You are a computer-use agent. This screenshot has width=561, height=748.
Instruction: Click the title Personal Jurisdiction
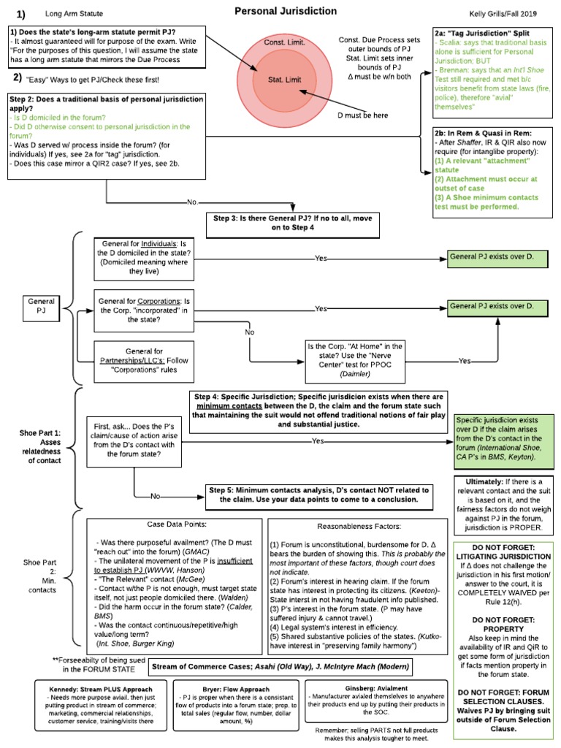(x=286, y=12)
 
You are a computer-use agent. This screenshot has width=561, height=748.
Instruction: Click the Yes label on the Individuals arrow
(x=321, y=259)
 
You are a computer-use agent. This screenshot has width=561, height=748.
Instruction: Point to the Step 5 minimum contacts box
(x=318, y=495)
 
